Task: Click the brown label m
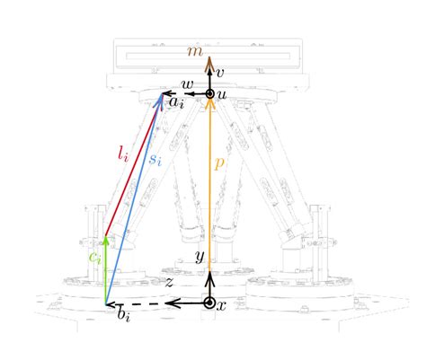[195, 52]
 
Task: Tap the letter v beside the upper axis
[220, 73]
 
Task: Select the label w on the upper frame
[188, 84]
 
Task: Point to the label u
[222, 95]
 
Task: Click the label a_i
[176, 102]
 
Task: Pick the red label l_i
[123, 154]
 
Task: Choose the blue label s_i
[155, 160]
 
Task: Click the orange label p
[219, 163]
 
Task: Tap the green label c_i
[95, 258]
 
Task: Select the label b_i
[124, 314]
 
